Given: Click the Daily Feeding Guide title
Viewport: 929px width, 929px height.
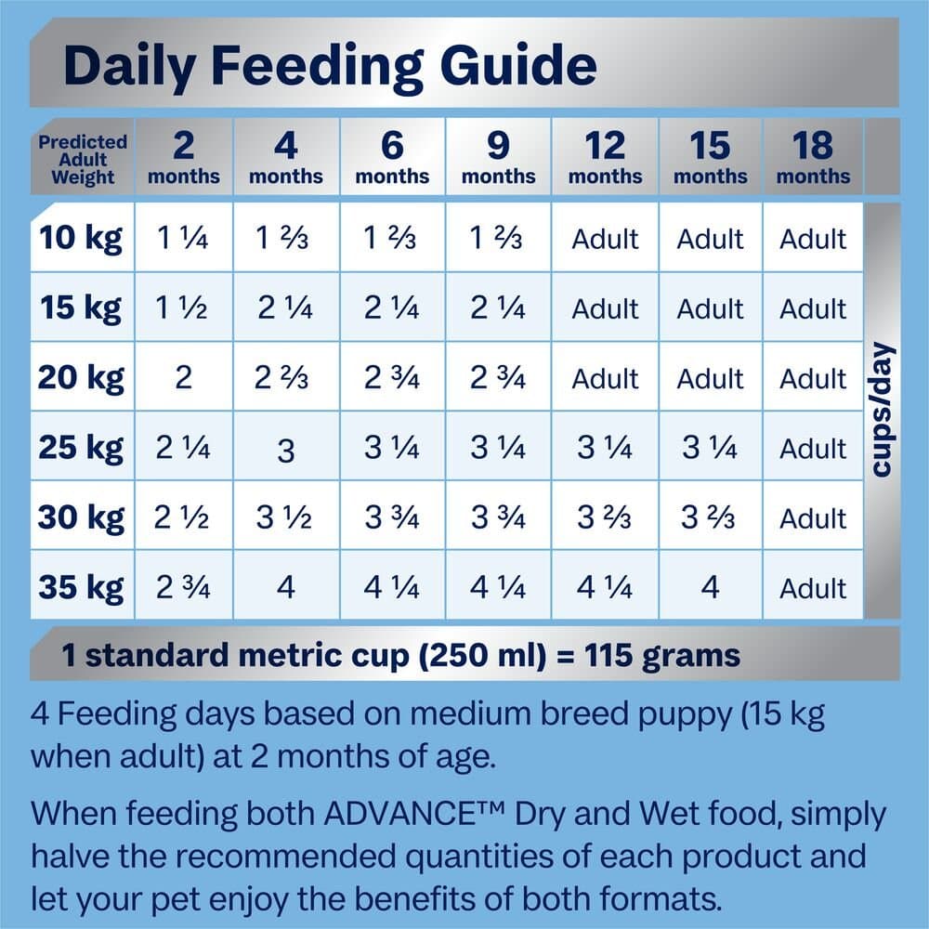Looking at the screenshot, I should pyautogui.click(x=329, y=66).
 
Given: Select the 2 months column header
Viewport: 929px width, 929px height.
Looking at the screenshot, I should pyautogui.click(x=183, y=157).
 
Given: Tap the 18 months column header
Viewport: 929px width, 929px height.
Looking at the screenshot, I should pyautogui.click(x=813, y=157).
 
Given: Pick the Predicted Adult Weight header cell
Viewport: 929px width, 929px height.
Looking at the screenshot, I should pyautogui.click(x=83, y=159).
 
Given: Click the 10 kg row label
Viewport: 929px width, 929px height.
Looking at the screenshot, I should pyautogui.click(x=81, y=239).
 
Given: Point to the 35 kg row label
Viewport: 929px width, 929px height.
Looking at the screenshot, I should pyautogui.click(x=81, y=587).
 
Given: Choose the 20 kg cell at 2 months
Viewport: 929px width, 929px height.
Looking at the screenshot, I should pyautogui.click(x=183, y=378).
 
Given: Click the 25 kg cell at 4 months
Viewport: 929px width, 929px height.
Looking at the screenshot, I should pyautogui.click(x=286, y=450).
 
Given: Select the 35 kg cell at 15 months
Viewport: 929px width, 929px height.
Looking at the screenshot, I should pyautogui.click(x=710, y=587).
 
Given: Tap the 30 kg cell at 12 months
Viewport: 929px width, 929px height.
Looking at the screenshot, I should pyautogui.click(x=604, y=517).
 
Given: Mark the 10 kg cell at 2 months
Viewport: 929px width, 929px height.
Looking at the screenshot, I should pyautogui.click(x=183, y=240).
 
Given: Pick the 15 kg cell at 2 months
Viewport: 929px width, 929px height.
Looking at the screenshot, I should pyautogui.click(x=183, y=308).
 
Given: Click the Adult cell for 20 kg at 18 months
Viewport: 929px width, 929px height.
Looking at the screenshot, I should pyautogui.click(x=813, y=378).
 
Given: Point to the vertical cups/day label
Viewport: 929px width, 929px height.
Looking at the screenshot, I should pyautogui.click(x=881, y=410).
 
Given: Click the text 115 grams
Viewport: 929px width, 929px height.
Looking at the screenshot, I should pyautogui.click(x=662, y=656).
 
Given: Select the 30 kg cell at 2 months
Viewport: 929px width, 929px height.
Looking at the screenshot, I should pyautogui.click(x=183, y=517).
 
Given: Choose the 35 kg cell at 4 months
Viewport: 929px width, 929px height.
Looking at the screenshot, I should pyautogui.click(x=286, y=587).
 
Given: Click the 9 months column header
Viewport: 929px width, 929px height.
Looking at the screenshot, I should pyautogui.click(x=498, y=157).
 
